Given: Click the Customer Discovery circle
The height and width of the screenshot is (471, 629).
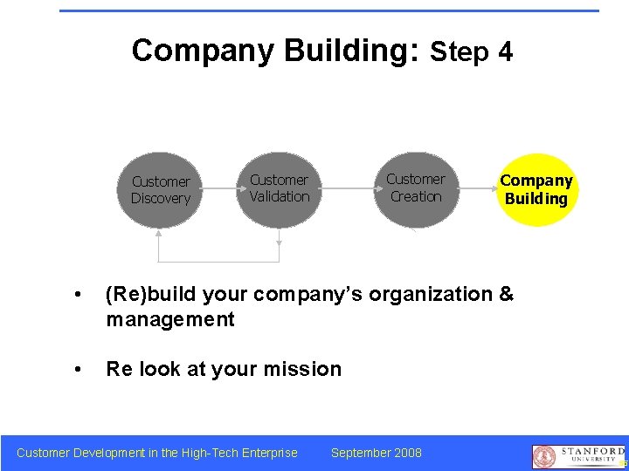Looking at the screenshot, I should tap(161, 189).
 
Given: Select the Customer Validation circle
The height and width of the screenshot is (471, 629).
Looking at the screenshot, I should tap(279, 188).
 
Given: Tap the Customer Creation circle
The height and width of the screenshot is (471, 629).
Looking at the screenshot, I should tap(416, 188).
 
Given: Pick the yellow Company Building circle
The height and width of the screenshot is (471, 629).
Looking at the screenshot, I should tap(536, 190).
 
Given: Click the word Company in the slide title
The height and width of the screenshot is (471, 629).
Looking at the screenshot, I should tap(203, 51).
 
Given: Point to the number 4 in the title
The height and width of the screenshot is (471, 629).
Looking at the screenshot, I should tap(505, 52).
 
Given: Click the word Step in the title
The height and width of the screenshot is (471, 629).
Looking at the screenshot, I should tap(460, 52).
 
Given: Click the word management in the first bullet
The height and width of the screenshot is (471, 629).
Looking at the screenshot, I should tap(170, 320).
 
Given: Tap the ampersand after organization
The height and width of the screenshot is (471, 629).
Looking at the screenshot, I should tap(506, 295).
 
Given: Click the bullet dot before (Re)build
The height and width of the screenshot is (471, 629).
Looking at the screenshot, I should tap(80, 296).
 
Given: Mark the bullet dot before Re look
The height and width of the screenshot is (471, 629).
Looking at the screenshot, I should tap(80, 370).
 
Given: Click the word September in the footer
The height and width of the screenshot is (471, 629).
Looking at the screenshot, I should tap(360, 453).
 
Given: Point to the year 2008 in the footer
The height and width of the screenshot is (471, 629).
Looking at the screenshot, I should tap(407, 453).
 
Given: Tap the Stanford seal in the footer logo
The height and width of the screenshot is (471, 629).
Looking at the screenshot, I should tap(544, 456).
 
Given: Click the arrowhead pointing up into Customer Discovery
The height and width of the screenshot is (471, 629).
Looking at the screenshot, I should tap(159, 232).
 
